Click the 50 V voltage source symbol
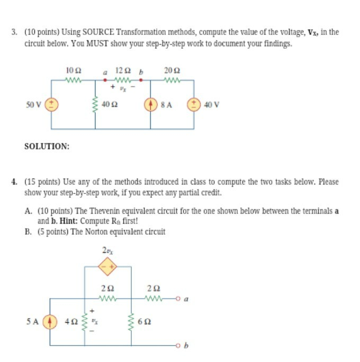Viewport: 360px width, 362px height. tap(51, 104)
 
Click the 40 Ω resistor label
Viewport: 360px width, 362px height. tap(111, 104)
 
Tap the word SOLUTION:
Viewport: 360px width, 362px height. tap(47, 146)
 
